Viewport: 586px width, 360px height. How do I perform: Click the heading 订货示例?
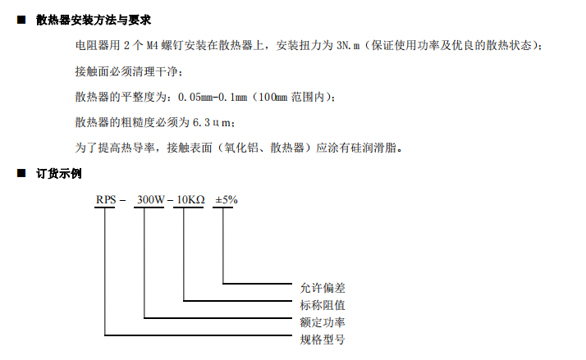58,174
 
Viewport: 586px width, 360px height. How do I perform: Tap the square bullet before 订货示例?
21,174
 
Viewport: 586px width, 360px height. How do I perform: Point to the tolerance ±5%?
226,200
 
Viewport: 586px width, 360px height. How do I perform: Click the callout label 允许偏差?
323,288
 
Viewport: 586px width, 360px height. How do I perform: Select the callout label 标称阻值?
323,305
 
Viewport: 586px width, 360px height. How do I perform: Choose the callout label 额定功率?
323,322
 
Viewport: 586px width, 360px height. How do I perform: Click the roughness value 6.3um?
214,123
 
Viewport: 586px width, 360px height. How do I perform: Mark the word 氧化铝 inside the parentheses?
240,148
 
